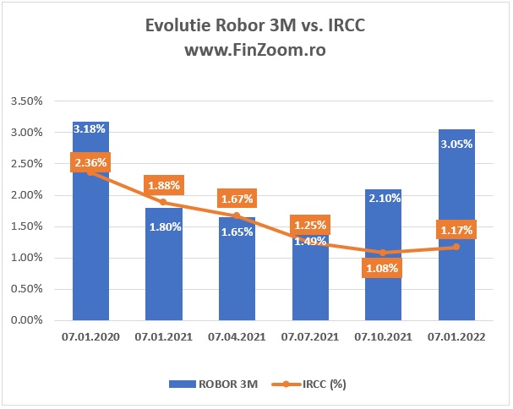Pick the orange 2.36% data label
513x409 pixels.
pos(91,163)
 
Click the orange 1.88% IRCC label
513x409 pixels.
pos(166,186)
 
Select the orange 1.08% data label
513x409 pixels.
pos(382,268)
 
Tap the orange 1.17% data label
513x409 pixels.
pos(456,228)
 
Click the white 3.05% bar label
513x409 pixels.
pos(456,144)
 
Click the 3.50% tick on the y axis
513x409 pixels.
pos(28,101)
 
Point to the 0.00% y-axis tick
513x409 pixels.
pos(28,320)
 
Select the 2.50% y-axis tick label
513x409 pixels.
pos(28,164)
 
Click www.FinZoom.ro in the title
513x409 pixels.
pos(255,50)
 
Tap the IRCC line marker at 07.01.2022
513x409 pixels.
pos(456,247)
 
